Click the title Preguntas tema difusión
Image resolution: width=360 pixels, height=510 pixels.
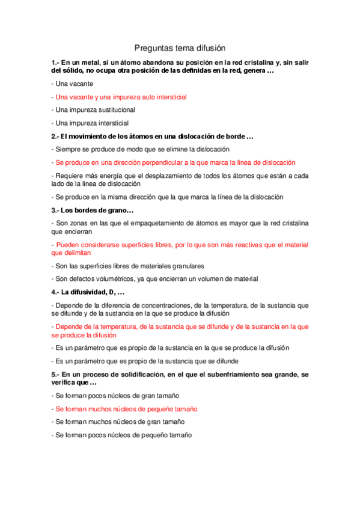[180, 48]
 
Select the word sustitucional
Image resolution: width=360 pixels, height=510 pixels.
[114, 109]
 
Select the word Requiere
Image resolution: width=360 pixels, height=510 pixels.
[69, 176]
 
